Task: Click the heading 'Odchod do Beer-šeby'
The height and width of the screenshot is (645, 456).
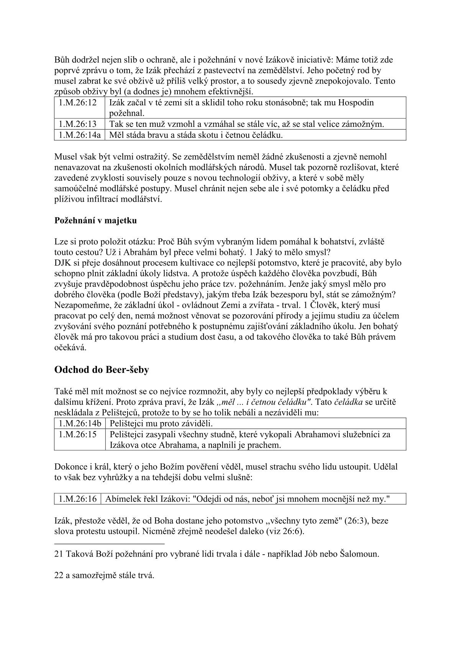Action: coord(102,370)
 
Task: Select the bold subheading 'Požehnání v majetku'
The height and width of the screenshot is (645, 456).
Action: coord(95,221)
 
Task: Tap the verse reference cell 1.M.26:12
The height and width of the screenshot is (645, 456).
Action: coord(79,103)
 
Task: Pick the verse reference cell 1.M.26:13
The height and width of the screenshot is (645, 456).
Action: coord(79,124)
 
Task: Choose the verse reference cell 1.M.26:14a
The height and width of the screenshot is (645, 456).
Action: coord(79,135)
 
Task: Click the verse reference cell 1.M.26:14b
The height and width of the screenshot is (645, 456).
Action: coord(80,423)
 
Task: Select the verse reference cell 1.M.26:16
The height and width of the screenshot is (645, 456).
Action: coord(77,499)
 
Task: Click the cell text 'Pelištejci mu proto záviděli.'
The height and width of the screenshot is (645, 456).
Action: coord(161,423)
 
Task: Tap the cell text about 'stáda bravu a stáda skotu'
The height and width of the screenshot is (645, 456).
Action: coord(196,135)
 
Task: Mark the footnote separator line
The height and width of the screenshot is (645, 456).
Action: coord(109,543)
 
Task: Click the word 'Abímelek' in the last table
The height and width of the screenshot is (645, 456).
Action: coord(121,499)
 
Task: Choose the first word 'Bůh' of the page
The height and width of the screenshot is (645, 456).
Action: coord(62,60)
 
